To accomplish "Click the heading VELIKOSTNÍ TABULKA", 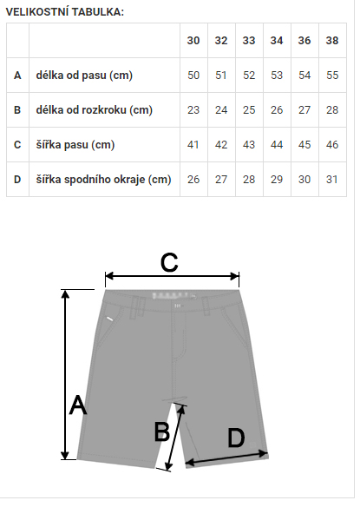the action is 65,12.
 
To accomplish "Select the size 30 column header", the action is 193,41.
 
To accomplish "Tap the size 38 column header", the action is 332,41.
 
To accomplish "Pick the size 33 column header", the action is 249,41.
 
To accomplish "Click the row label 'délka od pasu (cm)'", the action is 84,76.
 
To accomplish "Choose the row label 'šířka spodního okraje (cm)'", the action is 103,180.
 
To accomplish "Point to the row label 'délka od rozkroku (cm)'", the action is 94,110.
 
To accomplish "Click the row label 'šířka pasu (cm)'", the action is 75,144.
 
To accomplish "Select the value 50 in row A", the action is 193,76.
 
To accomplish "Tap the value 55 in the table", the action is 332,76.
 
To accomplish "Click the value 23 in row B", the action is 193,110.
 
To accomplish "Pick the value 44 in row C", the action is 277,144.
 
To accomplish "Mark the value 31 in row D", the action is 332,180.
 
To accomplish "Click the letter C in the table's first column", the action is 17,144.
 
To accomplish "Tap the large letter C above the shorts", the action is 169,262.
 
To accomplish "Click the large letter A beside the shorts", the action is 78,405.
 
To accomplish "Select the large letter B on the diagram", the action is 161,431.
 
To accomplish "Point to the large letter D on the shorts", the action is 236,438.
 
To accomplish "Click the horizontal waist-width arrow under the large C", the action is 173,276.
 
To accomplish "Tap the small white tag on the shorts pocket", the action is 110,319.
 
